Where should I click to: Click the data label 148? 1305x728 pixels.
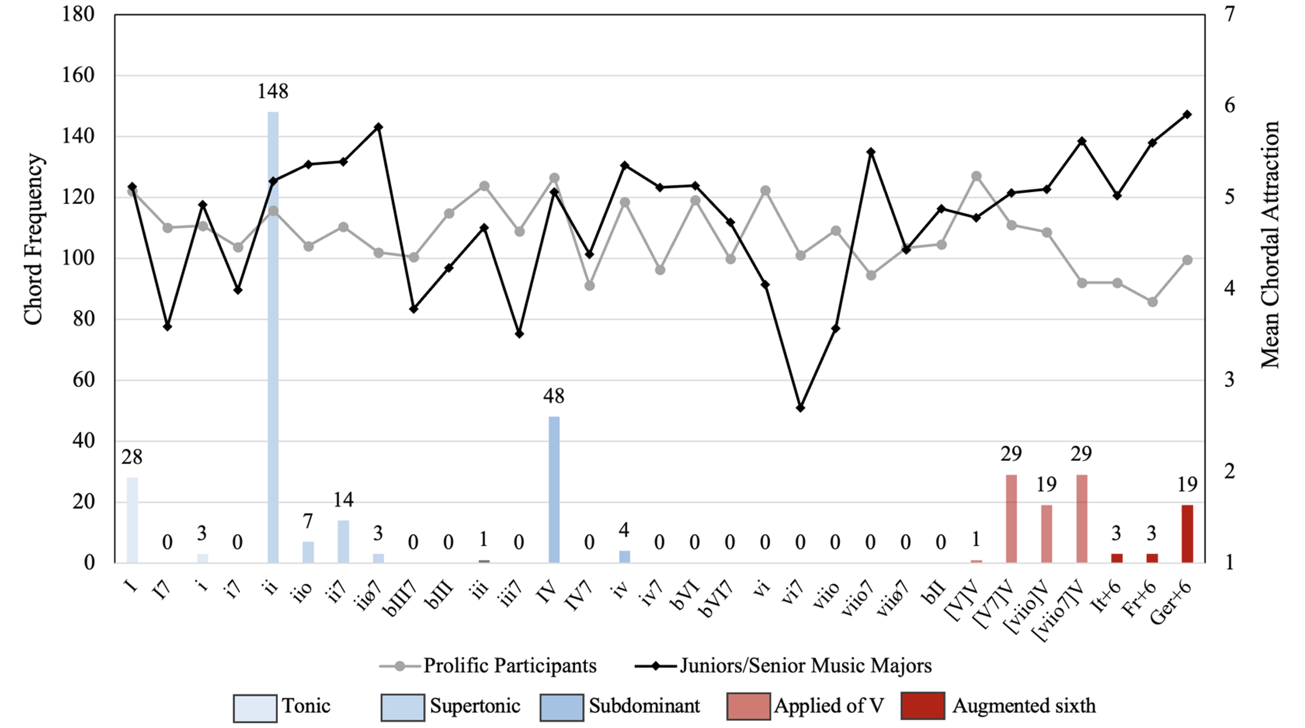tap(273, 92)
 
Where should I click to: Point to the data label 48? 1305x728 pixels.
tap(553, 396)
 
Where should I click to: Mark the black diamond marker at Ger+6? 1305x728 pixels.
tap(1187, 114)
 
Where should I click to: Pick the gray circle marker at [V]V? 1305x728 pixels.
tap(976, 176)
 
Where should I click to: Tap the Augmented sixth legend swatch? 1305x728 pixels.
tap(923, 706)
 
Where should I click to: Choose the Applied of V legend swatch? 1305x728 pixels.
tap(748, 706)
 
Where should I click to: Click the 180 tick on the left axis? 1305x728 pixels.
tap(78, 15)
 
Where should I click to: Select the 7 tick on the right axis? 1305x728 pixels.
tap(1229, 15)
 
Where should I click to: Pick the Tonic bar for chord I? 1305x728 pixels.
tap(132, 520)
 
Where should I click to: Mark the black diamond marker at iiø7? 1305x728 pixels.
tap(378, 127)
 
